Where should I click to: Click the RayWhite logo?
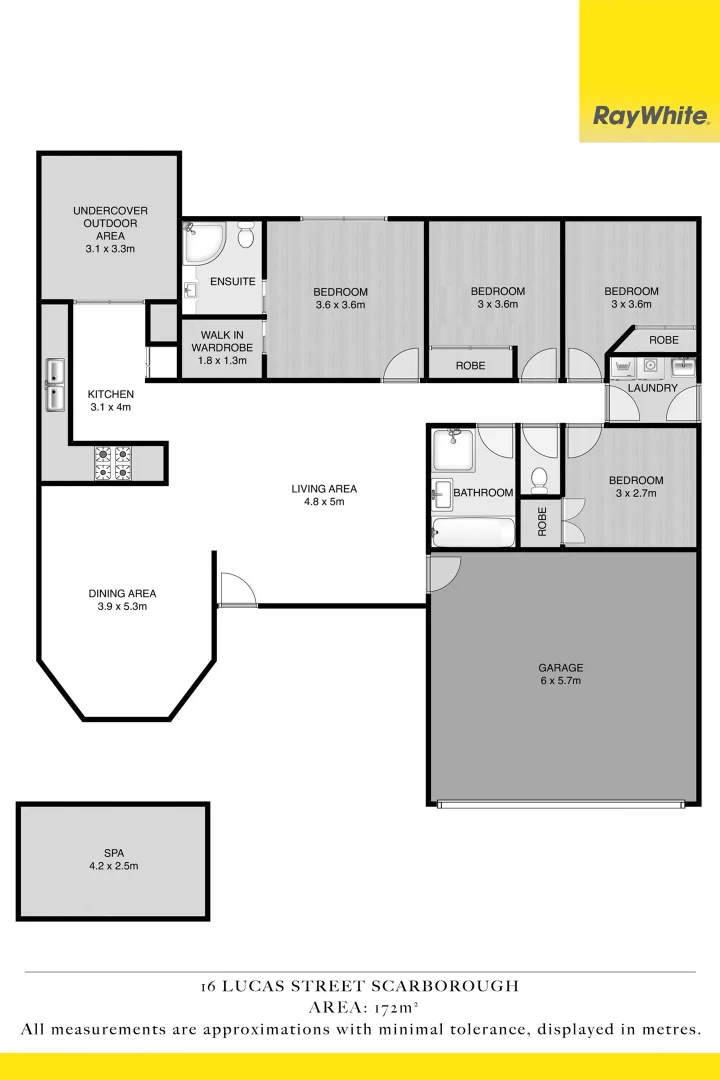coord(649,116)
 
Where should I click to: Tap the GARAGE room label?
coord(560,667)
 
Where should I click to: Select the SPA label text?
coord(113,853)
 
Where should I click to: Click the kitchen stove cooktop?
coord(113,462)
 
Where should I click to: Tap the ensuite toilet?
coord(246,235)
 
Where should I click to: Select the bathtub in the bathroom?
coord(472,532)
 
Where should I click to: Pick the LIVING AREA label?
coord(324,489)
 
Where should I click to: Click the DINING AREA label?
coord(122,593)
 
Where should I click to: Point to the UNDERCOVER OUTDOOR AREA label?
coord(110,223)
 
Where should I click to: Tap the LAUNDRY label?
coord(653,388)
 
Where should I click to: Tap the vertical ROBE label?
coord(542,522)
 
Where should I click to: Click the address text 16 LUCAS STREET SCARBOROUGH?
coord(360,986)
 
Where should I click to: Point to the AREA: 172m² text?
coord(360,1007)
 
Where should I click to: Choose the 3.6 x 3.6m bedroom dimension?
coord(341,305)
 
